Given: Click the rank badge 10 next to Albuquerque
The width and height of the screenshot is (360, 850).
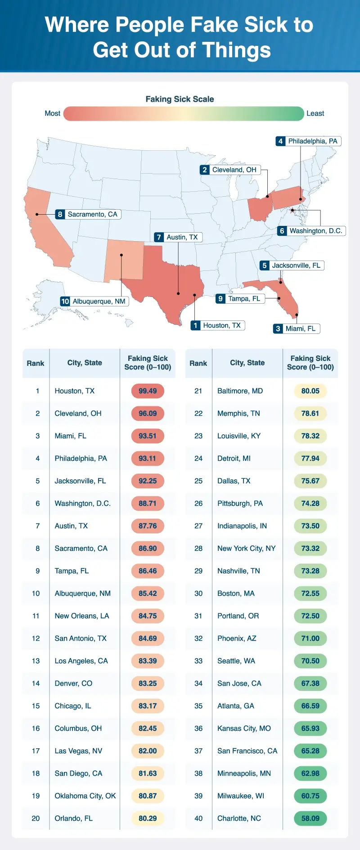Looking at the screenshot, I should pos(65,301).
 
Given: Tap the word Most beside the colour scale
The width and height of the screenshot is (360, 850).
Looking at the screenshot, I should pos(52,113).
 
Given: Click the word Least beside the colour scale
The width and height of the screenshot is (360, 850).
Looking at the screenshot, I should pos(315,113).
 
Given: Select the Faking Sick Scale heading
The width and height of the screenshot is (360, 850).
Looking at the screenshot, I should pos(180,99).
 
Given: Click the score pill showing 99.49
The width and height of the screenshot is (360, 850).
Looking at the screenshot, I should pos(148,391).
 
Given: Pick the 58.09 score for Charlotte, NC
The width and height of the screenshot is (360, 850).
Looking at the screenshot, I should pos(310,819).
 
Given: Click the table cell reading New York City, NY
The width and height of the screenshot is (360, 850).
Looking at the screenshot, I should pos(246,549).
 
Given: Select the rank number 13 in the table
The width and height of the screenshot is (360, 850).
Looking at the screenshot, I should pos(36,661).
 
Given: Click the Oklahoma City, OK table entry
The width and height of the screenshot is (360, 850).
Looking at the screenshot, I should pos(85,796).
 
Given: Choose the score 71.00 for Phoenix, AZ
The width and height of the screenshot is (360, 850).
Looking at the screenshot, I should pos(310,639).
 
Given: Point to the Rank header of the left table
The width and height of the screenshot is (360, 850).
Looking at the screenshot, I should pos(36,363).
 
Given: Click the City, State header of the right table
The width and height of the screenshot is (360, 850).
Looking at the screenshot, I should pos(247,363).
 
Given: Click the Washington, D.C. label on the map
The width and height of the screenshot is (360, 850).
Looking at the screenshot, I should pos(315,231).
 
